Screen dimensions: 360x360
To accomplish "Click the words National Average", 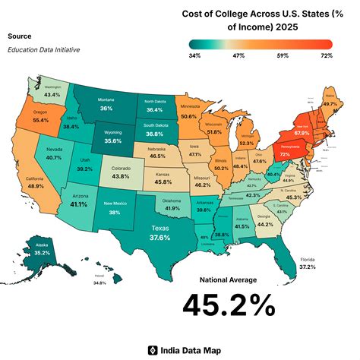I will (228, 279).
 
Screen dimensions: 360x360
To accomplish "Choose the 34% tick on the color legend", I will (194, 55).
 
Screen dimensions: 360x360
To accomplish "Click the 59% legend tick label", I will (283, 55).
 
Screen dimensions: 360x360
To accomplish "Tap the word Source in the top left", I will (19, 36).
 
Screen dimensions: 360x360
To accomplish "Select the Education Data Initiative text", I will (43, 50).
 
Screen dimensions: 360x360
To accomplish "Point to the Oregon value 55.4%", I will (41, 120).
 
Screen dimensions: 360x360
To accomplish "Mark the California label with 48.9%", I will (36, 185).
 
